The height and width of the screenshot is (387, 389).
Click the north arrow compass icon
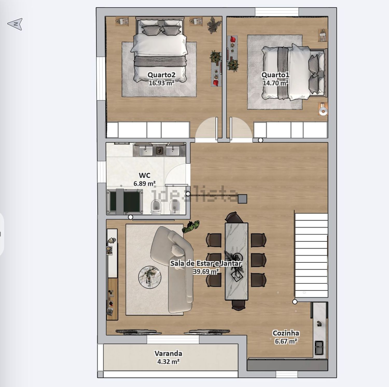click(15, 24)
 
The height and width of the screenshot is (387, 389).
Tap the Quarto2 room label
click(161, 75)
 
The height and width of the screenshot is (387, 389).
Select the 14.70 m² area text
click(275, 83)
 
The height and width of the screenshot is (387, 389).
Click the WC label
click(144, 175)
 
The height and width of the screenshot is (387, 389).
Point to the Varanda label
click(168, 353)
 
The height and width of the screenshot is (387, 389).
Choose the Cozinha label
click(286, 333)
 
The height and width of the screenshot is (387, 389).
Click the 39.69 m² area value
click(206, 272)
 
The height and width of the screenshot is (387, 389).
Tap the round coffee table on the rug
click(150, 277)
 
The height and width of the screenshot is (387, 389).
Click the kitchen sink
click(319, 348)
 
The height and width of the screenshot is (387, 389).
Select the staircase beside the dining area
click(311, 255)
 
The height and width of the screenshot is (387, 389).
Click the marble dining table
click(236, 261)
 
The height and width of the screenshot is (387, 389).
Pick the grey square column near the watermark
click(242, 199)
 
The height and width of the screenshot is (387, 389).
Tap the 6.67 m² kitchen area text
click(286, 341)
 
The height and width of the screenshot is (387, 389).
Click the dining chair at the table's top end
click(234, 217)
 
